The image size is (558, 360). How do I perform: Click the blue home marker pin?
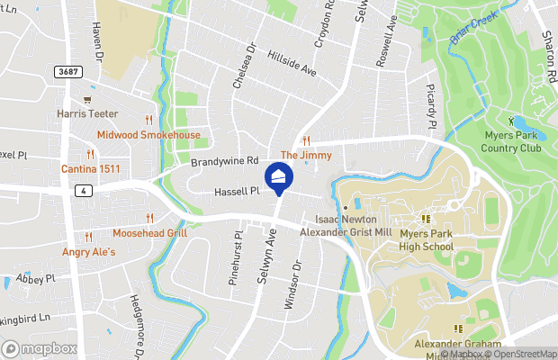click(x=279, y=177)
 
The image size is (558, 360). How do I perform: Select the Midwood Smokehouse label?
click(x=148, y=135)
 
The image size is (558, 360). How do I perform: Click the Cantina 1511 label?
click(x=90, y=169)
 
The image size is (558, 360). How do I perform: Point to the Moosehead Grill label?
click(x=149, y=232)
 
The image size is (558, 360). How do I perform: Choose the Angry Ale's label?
click(x=89, y=252)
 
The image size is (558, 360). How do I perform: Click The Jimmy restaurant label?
click(x=306, y=155)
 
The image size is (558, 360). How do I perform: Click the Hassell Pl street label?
click(x=237, y=191)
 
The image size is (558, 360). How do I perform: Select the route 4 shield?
click(x=82, y=190)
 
